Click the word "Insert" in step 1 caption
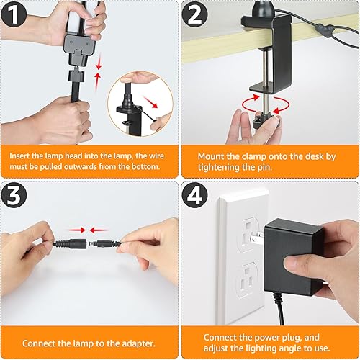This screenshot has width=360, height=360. [x=24, y=153]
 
